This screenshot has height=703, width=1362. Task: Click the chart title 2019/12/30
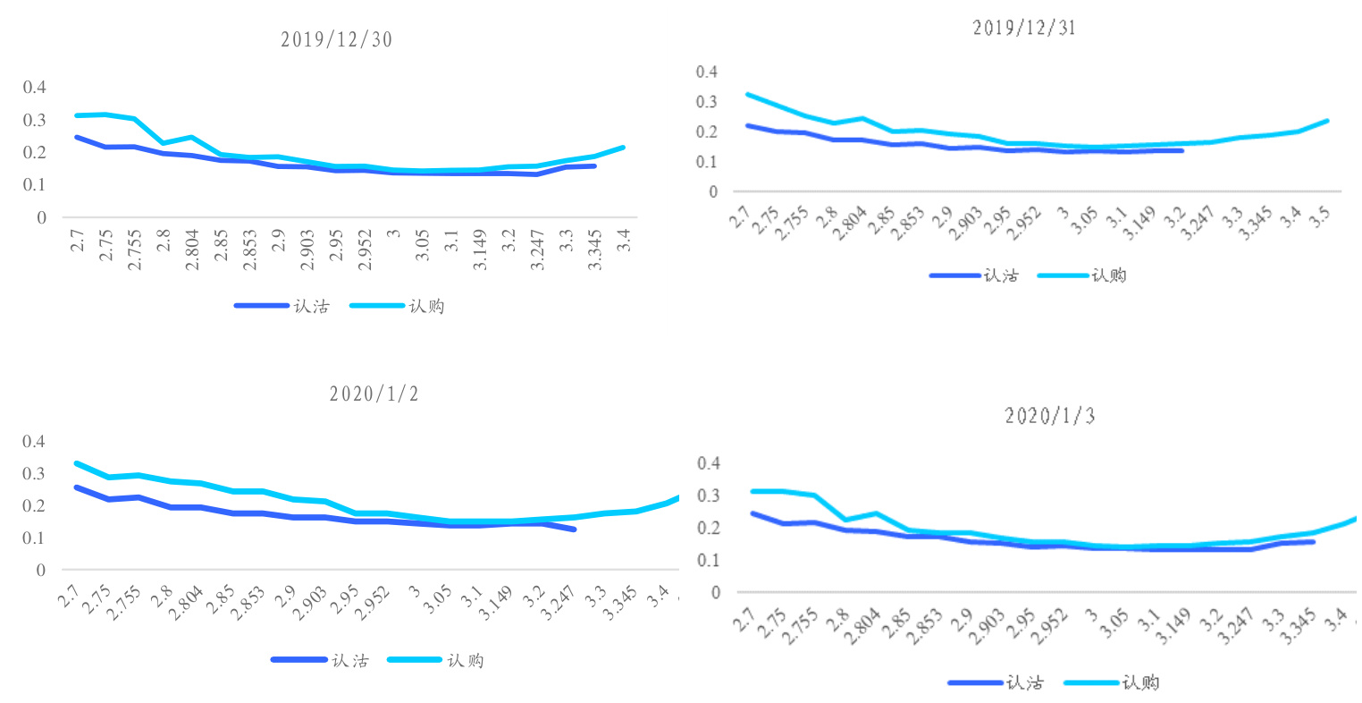[336, 40]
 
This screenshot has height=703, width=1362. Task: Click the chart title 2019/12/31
[1024, 29]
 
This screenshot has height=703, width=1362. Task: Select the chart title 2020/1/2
[374, 394]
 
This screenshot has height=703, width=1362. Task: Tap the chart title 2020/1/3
[1050, 416]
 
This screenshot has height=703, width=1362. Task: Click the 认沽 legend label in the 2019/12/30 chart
[311, 307]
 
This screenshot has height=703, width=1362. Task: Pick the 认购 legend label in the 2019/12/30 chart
[426, 307]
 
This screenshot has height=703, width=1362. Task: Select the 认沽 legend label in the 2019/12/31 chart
[1001, 275]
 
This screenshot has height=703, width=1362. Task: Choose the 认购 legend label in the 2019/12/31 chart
[1109, 275]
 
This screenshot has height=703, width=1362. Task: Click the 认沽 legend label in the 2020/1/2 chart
[349, 661]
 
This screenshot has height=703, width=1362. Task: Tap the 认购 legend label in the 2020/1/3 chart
[1140, 683]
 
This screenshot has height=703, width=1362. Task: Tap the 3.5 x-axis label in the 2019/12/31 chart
[1318, 216]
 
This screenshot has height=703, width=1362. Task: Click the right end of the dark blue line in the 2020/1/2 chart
[574, 529]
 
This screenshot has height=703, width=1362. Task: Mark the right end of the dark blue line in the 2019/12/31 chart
[1181, 150]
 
